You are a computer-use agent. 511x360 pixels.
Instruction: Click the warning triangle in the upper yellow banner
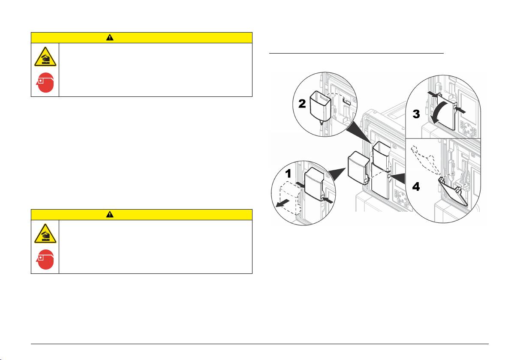coord(111,37)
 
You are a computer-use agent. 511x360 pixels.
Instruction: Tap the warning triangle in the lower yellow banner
coord(111,215)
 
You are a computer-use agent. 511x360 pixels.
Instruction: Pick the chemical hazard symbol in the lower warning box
coord(45,235)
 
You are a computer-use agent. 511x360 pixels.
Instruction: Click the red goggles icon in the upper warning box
coord(45,83)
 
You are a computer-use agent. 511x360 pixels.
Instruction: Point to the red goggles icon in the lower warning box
coord(45,260)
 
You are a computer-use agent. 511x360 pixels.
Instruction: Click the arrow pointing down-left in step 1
coord(282,203)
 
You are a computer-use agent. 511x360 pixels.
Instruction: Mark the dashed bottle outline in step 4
coord(422,163)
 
